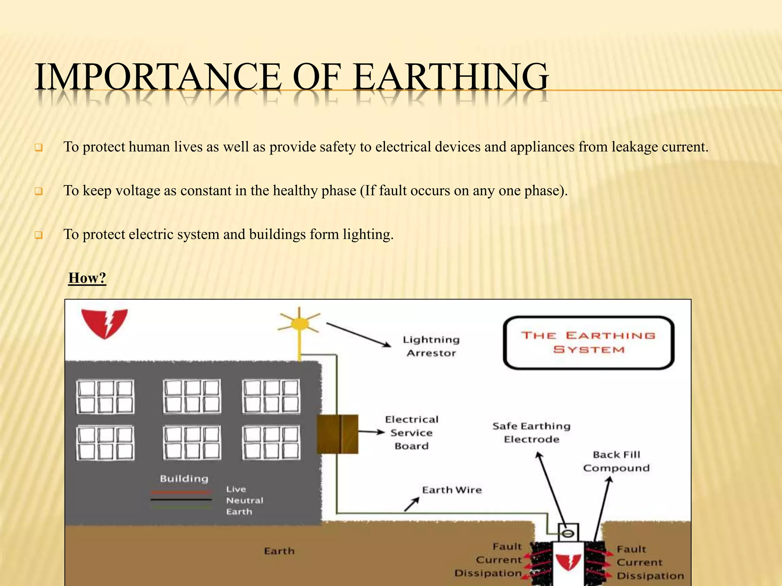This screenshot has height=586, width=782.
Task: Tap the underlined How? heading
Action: click(87, 278)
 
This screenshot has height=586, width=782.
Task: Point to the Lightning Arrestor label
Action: click(431, 346)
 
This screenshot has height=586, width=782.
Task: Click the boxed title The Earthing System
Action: click(588, 343)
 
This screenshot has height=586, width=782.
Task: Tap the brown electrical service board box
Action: click(338, 434)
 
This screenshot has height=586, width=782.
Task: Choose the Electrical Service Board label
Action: click(412, 433)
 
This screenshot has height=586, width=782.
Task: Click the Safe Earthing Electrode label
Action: click(531, 433)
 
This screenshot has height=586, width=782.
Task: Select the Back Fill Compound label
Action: click(616, 461)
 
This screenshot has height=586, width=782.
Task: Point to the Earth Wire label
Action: click(452, 490)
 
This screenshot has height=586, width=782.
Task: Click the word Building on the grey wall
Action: click(184, 478)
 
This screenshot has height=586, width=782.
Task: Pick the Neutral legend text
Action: click(244, 500)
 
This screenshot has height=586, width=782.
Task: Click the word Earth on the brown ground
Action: click(279, 551)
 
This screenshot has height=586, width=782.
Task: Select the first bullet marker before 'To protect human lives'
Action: click(39, 148)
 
